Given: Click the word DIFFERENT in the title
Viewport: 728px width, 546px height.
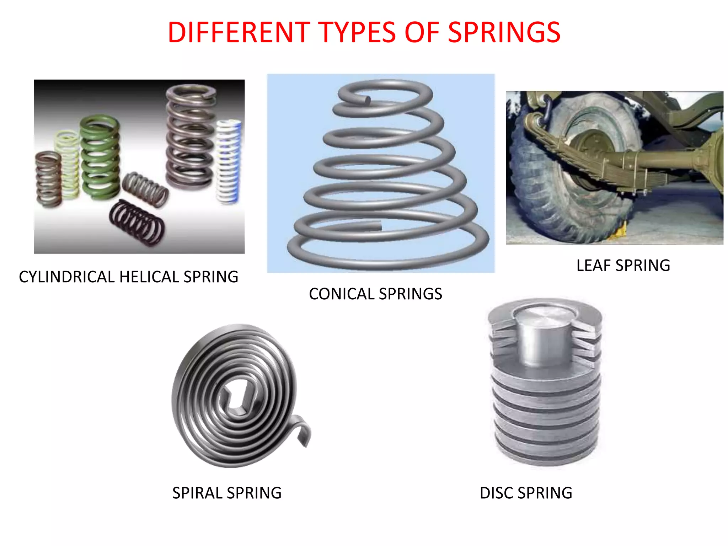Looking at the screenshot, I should point(239,33).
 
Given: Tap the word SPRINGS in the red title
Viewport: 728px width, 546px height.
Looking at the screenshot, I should point(504,33).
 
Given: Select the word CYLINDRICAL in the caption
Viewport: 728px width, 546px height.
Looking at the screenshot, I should point(66,277).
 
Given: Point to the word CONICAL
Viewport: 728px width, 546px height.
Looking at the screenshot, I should point(342,294).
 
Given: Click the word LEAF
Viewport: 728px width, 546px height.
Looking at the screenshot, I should point(594,266).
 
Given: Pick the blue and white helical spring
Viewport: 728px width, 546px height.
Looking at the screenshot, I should point(228,162).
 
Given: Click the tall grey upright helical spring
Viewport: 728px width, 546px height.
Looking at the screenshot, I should point(190,137).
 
